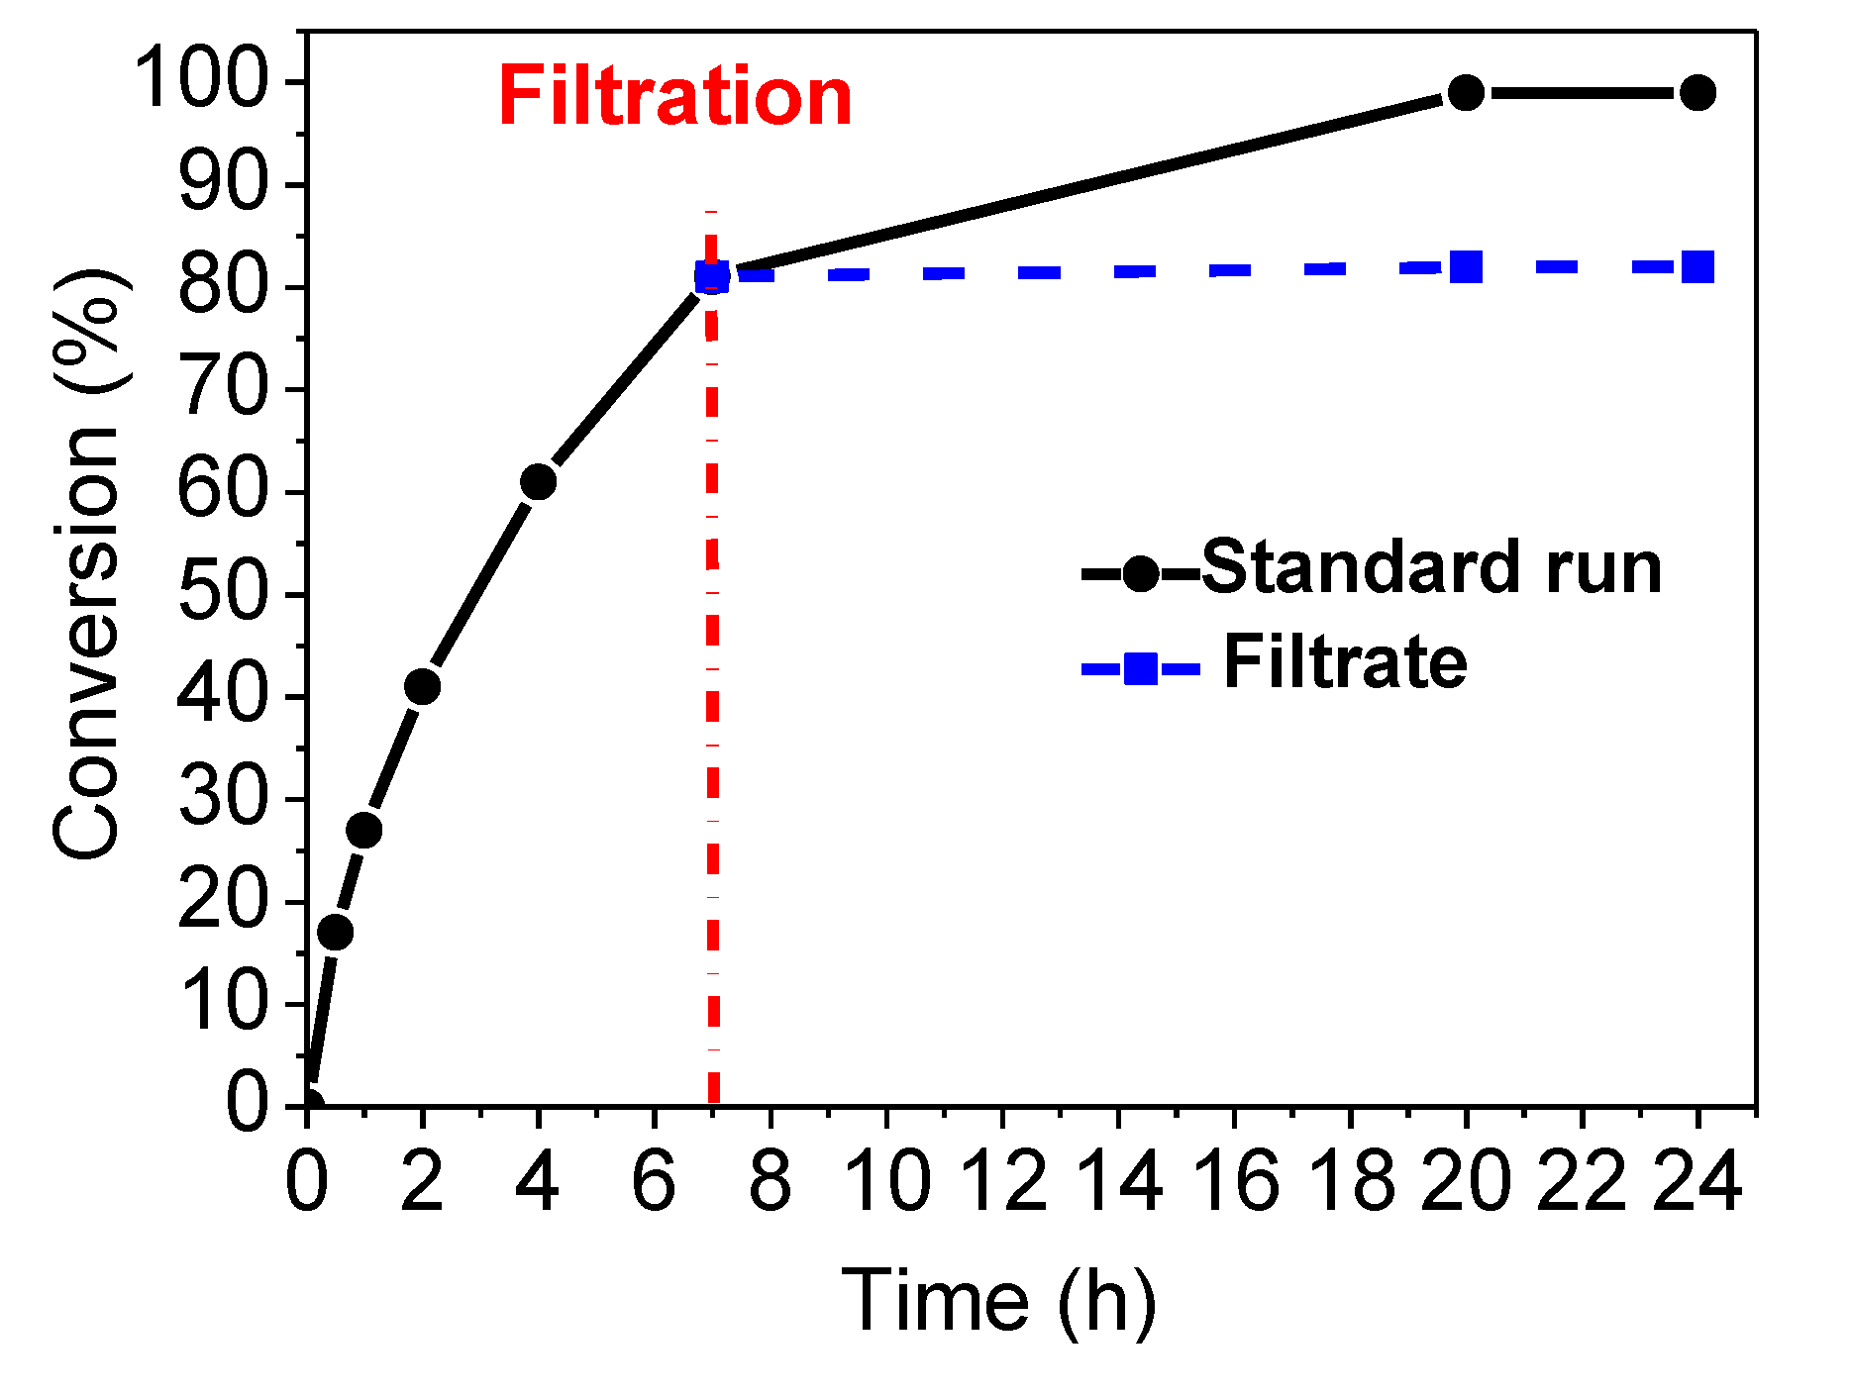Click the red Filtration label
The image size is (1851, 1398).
674,97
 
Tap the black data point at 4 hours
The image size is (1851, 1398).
538,482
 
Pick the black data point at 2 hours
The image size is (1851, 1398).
422,686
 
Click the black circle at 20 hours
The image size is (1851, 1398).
1466,93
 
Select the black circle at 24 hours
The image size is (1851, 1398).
1697,93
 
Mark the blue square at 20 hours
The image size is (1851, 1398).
1466,267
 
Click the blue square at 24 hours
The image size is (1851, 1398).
1697,267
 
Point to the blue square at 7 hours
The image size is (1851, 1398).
712,277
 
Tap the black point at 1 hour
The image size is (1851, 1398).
364,830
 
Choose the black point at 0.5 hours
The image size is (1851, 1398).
336,932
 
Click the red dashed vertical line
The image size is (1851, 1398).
713,693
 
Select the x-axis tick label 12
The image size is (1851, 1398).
1003,1182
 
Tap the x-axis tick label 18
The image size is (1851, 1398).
1351,1182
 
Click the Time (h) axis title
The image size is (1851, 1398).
998,1301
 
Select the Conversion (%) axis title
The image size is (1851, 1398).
87,564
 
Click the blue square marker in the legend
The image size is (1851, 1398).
1141,669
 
